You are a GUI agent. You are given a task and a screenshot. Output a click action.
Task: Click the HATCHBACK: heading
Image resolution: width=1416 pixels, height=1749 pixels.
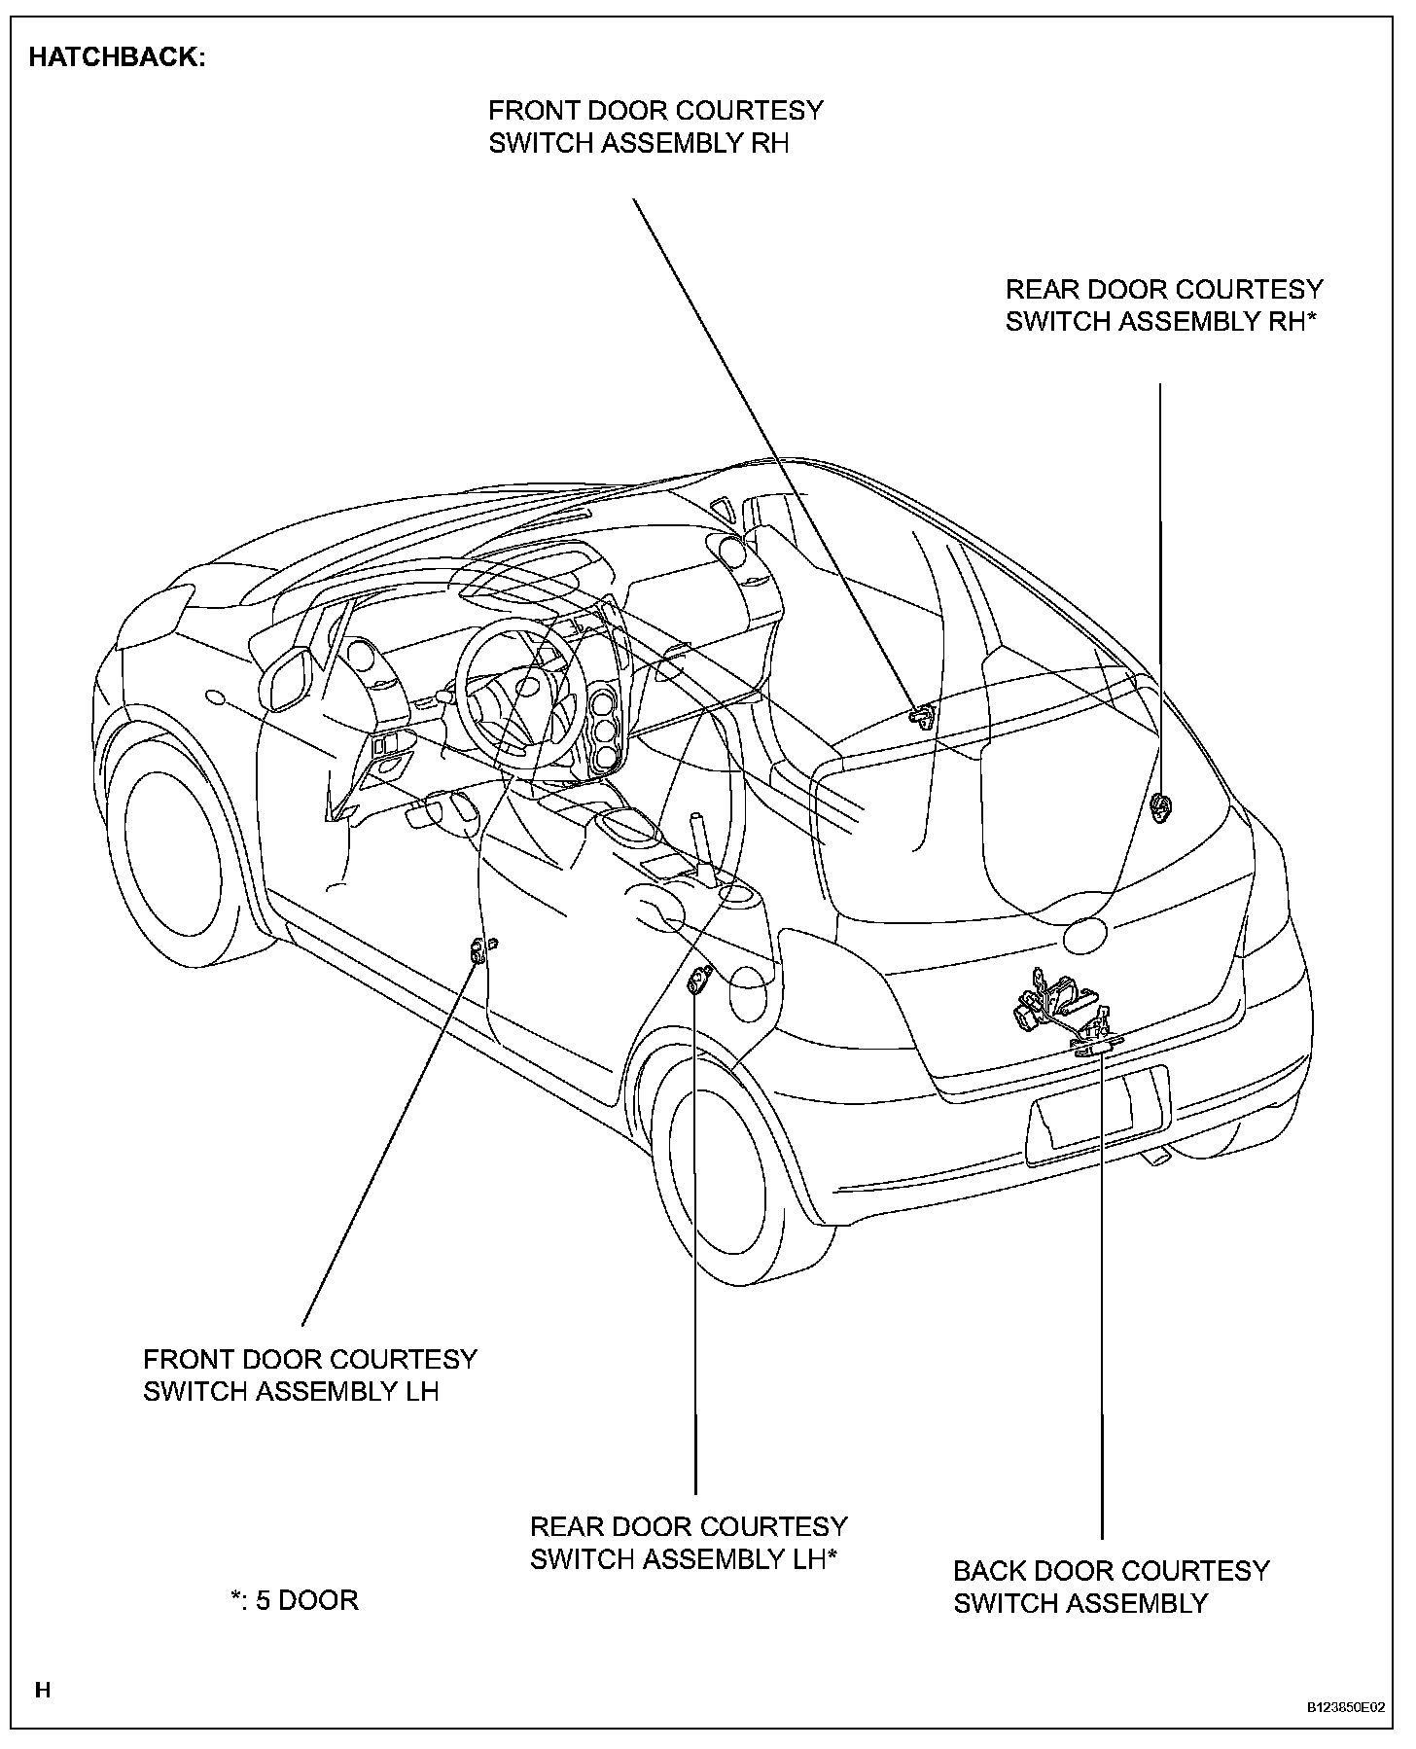(117, 57)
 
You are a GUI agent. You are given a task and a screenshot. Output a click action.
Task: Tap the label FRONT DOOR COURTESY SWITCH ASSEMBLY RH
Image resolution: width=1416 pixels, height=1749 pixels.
(655, 126)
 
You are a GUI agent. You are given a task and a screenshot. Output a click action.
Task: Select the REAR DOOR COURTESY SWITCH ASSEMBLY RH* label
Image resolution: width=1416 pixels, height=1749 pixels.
(1163, 305)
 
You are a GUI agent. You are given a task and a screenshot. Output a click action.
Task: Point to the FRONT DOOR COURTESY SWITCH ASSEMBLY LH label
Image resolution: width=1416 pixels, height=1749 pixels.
(309, 1374)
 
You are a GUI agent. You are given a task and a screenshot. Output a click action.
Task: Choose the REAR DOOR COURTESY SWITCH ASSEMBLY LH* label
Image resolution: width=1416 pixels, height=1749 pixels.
(688, 1542)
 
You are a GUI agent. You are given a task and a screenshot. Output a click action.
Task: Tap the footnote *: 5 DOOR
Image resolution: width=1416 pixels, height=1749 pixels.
(295, 1600)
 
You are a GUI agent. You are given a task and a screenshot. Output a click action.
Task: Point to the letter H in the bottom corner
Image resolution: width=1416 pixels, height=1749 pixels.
(42, 1690)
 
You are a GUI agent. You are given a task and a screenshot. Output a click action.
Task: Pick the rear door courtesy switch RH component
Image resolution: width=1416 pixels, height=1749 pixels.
(1159, 805)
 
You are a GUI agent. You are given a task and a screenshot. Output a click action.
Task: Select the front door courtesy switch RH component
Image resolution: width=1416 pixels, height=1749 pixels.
(920, 716)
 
